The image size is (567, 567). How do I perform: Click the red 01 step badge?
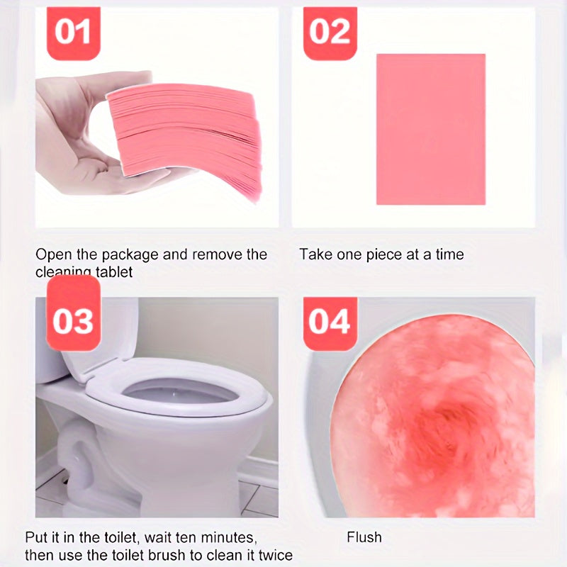point(72,31)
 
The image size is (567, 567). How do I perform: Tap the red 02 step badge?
point(330,31)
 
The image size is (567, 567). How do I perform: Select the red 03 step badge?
point(72,320)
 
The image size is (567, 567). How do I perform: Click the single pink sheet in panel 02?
point(430,129)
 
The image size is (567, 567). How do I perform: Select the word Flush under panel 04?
point(364,537)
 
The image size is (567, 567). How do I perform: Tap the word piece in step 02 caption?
point(383,254)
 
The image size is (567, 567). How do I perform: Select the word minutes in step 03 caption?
point(228,537)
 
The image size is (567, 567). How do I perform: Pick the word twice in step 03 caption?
point(274,555)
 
